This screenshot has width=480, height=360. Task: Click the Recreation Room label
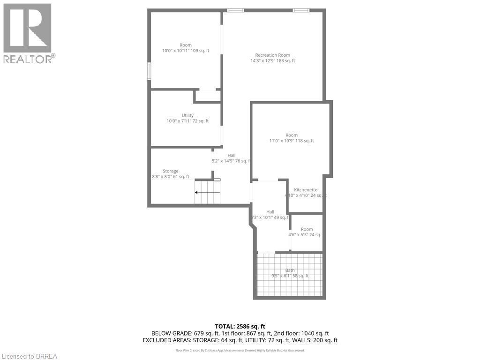[272, 55]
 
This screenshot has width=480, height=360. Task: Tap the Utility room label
[187, 115]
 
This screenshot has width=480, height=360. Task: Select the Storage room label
[171, 171]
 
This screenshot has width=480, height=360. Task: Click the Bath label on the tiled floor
[290, 270]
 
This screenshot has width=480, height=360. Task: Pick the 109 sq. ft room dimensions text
[186, 51]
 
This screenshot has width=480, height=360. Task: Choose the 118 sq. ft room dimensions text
[292, 141]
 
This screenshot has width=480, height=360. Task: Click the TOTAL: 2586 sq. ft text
[240, 326]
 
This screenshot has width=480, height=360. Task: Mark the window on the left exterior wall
[149, 71]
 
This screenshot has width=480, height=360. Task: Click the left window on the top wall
[235, 10]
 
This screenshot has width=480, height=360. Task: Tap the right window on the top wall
[300, 10]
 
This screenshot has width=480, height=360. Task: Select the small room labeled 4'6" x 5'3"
[307, 232]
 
